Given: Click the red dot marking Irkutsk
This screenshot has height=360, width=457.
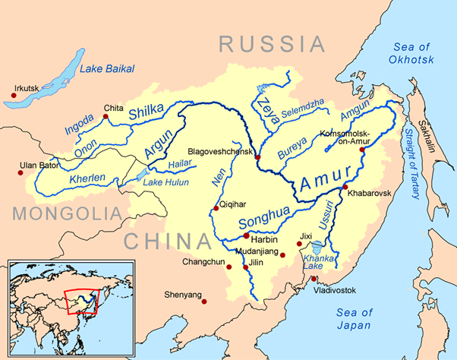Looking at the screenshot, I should click(14, 96).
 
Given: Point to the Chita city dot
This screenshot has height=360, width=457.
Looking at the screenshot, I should click(105, 117).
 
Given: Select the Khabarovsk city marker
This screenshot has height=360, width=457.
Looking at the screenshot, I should click(345, 187).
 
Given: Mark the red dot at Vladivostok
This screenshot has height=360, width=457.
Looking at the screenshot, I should click(314, 279).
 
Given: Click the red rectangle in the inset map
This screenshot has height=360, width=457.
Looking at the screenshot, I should click(82, 302).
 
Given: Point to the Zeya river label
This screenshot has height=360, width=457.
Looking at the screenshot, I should click(263, 106).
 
